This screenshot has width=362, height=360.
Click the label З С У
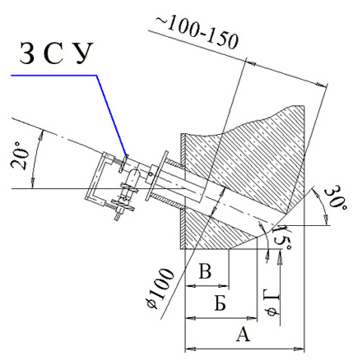click(x=56, y=53)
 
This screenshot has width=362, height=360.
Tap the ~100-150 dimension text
click(x=197, y=33)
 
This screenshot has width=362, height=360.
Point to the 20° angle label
click(x=20, y=155)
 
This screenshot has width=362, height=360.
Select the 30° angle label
click(x=335, y=198)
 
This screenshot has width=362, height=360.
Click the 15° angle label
click(x=282, y=238)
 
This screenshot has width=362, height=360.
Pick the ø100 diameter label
click(x=160, y=289)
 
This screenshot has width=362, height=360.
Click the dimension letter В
click(x=205, y=271)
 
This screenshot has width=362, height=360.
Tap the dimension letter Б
click(x=220, y=303)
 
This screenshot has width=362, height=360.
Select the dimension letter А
click(x=244, y=334)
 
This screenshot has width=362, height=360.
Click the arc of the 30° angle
click(x=323, y=206)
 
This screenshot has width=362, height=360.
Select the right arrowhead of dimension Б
click(x=252, y=318)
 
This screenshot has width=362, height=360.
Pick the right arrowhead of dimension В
click(x=224, y=286)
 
